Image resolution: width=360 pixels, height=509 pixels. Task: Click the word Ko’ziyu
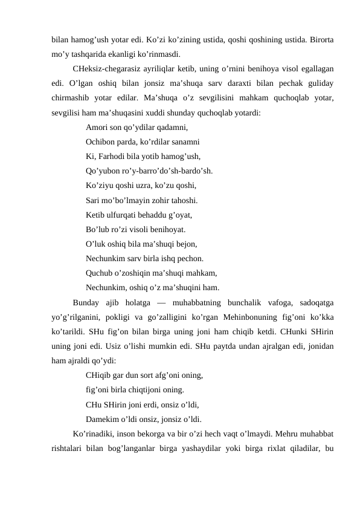coord(100,186)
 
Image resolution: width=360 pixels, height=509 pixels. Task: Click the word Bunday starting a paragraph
coord(85,302)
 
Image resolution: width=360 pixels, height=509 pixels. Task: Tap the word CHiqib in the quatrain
coord(98,375)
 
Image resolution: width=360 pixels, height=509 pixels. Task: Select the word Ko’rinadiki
coord(94,433)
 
